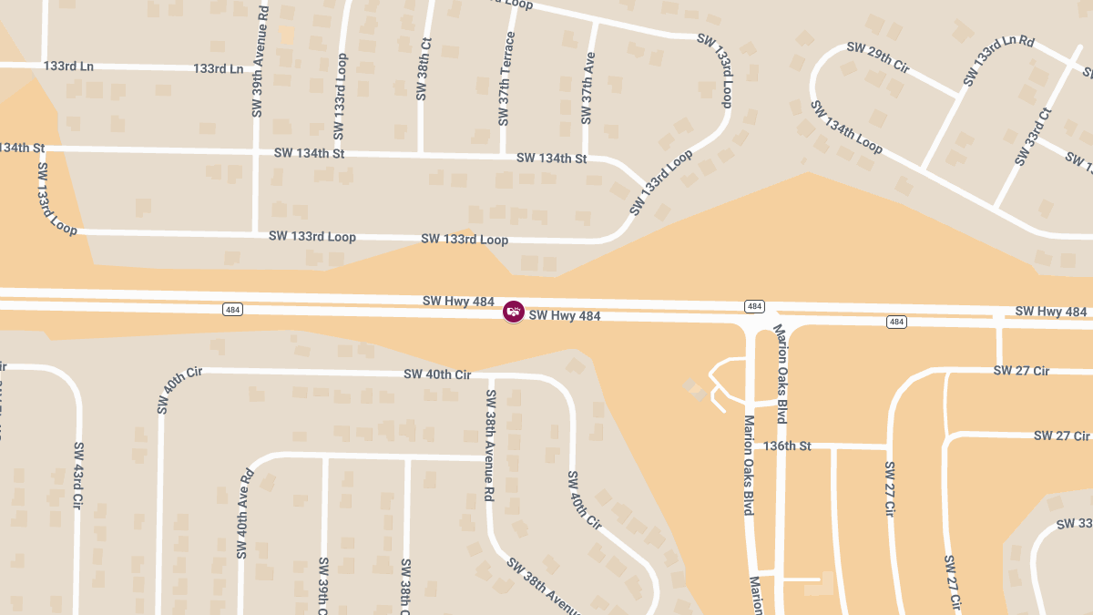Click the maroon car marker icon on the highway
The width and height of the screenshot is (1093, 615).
pyautogui.click(x=514, y=312)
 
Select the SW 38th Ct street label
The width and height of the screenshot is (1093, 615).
pyautogui.click(x=422, y=69)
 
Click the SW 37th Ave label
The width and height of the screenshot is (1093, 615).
pyautogui.click(x=588, y=87)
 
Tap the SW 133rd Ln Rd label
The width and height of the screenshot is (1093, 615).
pyautogui.click(x=999, y=60)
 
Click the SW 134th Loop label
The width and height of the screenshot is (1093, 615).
pyautogui.click(x=846, y=128)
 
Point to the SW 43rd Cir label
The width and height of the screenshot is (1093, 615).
pyautogui.click(x=78, y=478)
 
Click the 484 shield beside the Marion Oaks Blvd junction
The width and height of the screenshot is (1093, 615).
pyautogui.click(x=754, y=306)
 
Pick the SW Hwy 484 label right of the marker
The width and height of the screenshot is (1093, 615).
pyautogui.click(x=565, y=316)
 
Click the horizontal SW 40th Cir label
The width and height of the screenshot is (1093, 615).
pyautogui.click(x=437, y=374)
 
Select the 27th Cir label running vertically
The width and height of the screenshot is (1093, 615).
pyautogui.click(x=890, y=489)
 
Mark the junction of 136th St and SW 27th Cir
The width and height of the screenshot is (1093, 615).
pyautogui.click(x=888, y=446)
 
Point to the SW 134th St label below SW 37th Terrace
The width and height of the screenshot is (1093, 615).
pyautogui.click(x=551, y=159)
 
